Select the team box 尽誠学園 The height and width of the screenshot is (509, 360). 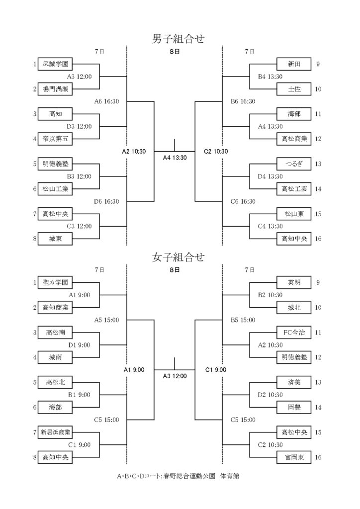[55, 64]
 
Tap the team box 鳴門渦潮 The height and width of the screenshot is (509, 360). [55, 89]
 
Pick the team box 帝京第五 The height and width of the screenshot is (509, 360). [55, 139]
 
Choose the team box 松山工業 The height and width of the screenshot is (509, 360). [55, 189]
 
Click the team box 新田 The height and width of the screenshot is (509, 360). [294, 64]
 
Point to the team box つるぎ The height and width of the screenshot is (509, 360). [294, 164]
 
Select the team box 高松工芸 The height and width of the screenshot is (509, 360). [294, 189]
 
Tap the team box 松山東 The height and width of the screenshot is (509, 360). [294, 214]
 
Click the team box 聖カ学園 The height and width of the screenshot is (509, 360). [55, 283]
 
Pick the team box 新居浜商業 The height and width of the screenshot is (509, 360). [55, 432]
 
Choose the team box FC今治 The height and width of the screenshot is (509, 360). [294, 333]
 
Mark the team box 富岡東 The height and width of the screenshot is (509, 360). [294, 457]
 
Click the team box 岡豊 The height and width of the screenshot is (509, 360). [294, 407]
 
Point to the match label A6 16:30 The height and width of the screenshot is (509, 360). [107, 101]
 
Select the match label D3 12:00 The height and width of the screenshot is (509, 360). [80, 126]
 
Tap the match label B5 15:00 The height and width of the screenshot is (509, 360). [243, 320]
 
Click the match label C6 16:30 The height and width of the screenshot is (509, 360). [243, 201]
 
